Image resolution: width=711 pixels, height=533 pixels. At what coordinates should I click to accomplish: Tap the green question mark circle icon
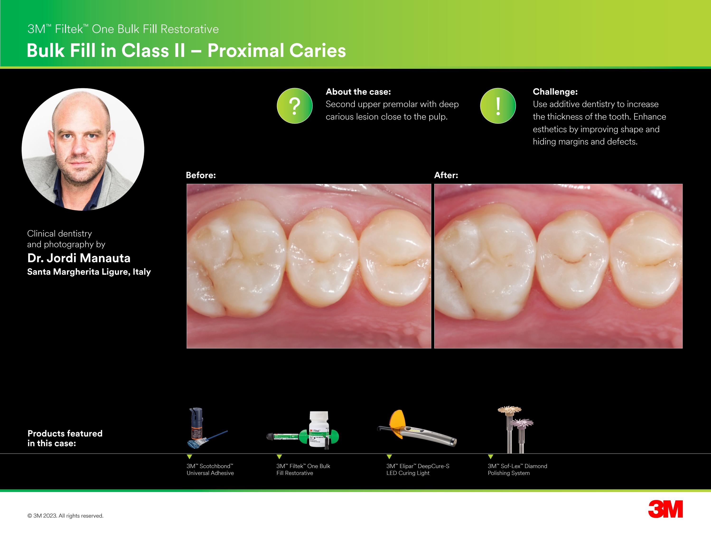pos(295,106)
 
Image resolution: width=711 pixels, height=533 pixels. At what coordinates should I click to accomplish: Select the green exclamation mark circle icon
pos(498,106)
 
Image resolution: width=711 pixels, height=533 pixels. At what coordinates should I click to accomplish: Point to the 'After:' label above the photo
pos(446,175)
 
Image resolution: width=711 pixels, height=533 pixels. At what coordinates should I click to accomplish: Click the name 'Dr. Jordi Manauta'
pos(79,258)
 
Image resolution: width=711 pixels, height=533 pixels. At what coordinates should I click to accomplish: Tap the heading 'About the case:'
pos(358,92)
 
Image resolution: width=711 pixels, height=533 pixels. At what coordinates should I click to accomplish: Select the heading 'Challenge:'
pos(555,92)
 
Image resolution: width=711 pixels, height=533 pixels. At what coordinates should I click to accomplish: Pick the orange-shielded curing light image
pos(416,428)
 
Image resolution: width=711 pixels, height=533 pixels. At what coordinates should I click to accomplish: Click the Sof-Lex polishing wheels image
pos(515,430)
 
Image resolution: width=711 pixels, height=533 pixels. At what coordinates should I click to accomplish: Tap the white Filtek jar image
pos(319,430)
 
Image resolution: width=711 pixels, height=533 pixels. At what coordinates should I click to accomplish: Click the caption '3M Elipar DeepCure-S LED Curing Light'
pos(417,469)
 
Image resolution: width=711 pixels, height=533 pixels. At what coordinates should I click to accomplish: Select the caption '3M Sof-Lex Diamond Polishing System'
pos(517,469)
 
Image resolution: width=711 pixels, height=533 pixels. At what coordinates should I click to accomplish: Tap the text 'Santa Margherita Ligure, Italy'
pos(89,272)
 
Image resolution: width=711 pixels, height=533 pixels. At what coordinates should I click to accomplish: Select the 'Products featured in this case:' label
pos(65,438)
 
